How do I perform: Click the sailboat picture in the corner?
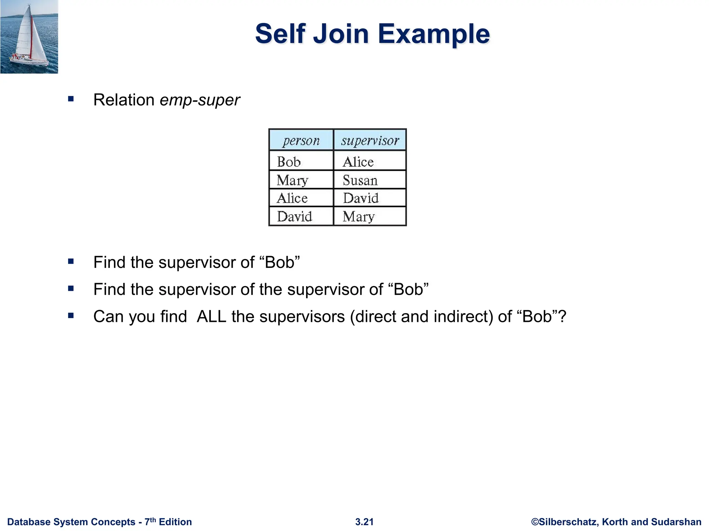coord(29,37)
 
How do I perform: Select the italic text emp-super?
coord(200,100)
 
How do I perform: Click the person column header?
coord(301,140)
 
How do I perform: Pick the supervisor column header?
coord(370,140)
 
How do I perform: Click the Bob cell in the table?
coord(289,162)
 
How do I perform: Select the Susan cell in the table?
coord(360,180)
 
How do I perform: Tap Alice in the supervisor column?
coord(358,162)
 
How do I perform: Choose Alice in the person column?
coord(292,198)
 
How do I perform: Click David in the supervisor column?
coord(361,198)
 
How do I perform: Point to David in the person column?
coord(295,216)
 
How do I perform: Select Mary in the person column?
coord(293,180)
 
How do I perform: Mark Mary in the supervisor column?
coord(359,216)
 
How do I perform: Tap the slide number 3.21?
coord(364,522)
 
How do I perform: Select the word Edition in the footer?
coord(175,522)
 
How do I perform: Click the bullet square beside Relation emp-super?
coord(71,99)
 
